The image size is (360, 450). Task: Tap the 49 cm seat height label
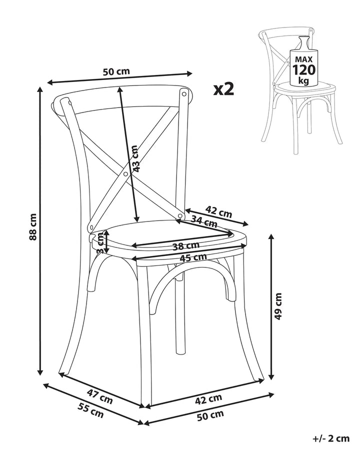[278, 306]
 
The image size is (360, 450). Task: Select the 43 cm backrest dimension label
[134, 158]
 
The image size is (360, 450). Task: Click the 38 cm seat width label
[185, 246]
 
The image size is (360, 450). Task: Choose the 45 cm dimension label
[193, 257]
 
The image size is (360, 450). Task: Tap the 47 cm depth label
[99, 397]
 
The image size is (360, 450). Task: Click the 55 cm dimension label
[90, 410]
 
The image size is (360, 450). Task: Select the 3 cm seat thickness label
[100, 243]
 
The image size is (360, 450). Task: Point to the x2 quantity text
[223, 89]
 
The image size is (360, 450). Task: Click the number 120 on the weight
[303, 69]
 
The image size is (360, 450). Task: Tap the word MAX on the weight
[303, 59]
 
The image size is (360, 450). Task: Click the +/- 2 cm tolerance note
[330, 438]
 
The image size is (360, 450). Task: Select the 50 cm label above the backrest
[116, 71]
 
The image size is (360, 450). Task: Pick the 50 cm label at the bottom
[210, 415]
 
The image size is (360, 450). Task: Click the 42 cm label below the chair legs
[208, 399]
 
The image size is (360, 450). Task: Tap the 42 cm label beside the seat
[218, 212]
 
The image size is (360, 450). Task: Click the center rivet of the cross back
[125, 174]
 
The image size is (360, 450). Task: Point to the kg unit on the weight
[303, 80]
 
